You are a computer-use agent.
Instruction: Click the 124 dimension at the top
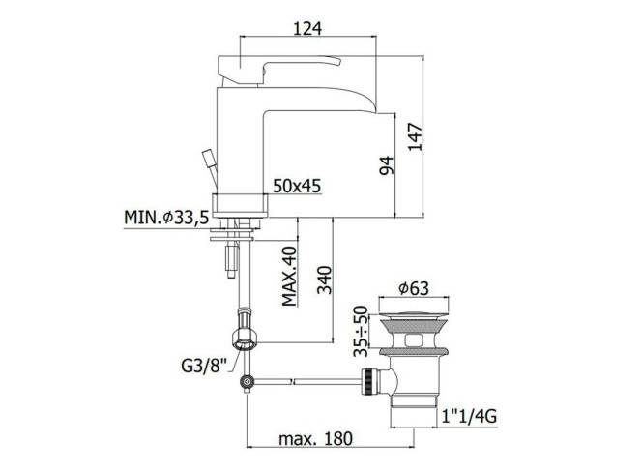[x=307, y=28]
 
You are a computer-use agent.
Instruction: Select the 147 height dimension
[x=415, y=136]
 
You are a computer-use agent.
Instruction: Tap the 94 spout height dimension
[x=386, y=165]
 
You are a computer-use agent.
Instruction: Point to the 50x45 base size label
[x=297, y=186]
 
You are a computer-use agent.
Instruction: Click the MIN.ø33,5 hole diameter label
[x=166, y=217]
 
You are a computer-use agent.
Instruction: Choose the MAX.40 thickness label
[x=289, y=276]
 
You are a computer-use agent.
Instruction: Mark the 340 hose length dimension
[x=325, y=280]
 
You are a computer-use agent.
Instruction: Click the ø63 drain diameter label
[x=414, y=288]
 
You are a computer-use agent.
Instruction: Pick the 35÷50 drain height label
[x=361, y=331]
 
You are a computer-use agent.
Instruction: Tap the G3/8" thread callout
[x=204, y=366]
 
